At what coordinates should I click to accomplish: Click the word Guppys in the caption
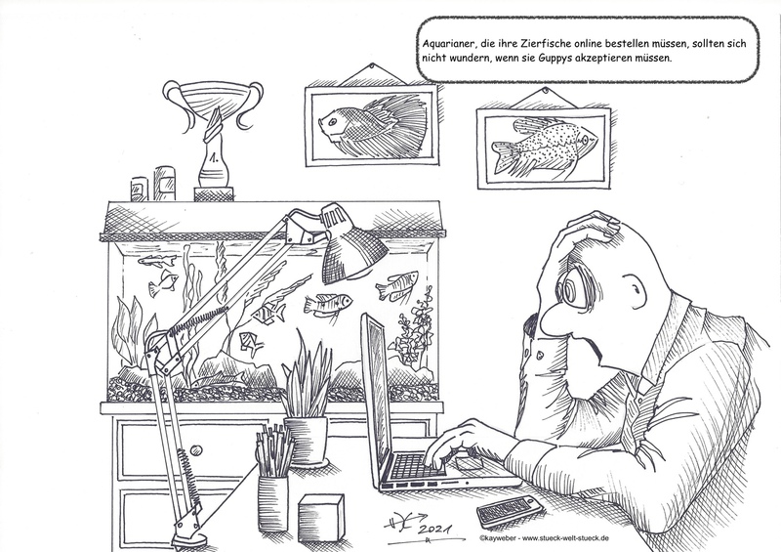tap(555, 58)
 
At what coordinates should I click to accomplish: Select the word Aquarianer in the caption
tap(446, 44)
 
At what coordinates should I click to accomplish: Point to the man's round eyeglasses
tap(572, 287)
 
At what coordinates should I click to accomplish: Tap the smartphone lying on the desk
tap(509, 511)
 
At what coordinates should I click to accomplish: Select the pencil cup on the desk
tap(273, 502)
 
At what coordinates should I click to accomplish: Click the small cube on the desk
tap(321, 518)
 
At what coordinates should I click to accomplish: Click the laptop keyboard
tap(417, 466)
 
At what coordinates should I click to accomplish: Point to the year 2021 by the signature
tap(434, 530)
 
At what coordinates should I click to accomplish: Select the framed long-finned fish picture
tap(372, 125)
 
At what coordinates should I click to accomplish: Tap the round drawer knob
tap(196, 450)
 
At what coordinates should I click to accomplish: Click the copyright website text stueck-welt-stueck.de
tap(565, 538)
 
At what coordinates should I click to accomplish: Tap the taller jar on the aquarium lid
tap(164, 184)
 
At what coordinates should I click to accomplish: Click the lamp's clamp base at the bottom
tap(188, 533)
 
